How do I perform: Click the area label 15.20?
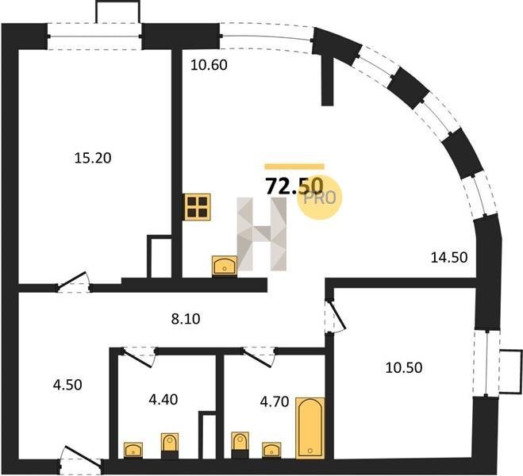tap(93, 158)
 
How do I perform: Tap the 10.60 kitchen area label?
tap(209, 65)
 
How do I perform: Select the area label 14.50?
tap(449, 257)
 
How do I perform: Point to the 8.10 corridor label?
tap(186, 319)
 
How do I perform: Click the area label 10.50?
tap(404, 367)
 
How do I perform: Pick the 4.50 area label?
tap(67, 385)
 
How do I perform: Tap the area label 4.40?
tap(163, 399)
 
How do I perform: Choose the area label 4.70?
tap(275, 401)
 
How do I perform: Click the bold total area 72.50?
tap(294, 186)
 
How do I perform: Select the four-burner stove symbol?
tap(197, 207)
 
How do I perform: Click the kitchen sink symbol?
tap(225, 266)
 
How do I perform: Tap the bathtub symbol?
tap(310, 428)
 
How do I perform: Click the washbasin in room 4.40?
tap(133, 450)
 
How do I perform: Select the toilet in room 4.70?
tap(240, 445)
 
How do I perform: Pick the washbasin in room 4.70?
tap(271, 451)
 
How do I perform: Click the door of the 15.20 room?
tap(73, 282)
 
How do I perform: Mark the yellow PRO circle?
tap(320, 198)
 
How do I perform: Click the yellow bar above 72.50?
tap(294, 167)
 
